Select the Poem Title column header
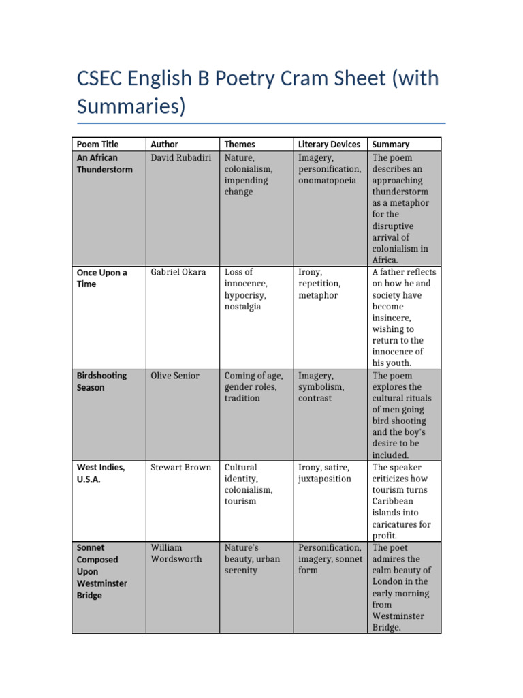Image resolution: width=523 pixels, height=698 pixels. click(x=97, y=145)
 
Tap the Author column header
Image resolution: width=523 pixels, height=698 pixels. click(x=164, y=145)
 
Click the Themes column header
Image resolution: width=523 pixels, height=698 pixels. click(x=240, y=145)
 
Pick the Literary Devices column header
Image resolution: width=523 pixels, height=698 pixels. click(x=329, y=145)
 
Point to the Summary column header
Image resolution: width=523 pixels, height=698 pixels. click(x=391, y=145)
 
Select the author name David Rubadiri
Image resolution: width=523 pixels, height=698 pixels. click(x=181, y=158)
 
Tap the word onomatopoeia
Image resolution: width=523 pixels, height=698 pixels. click(x=327, y=181)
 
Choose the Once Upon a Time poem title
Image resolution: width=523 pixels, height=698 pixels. click(x=101, y=278)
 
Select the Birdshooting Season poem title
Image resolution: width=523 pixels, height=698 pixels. click(x=101, y=382)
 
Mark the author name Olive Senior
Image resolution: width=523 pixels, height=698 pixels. click(x=175, y=376)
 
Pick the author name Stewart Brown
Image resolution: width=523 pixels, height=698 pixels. click(x=181, y=468)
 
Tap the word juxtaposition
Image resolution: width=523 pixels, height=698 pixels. click(x=323, y=479)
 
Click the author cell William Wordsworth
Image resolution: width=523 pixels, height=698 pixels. click(x=176, y=553)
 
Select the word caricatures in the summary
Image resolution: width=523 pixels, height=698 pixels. click(x=401, y=524)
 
